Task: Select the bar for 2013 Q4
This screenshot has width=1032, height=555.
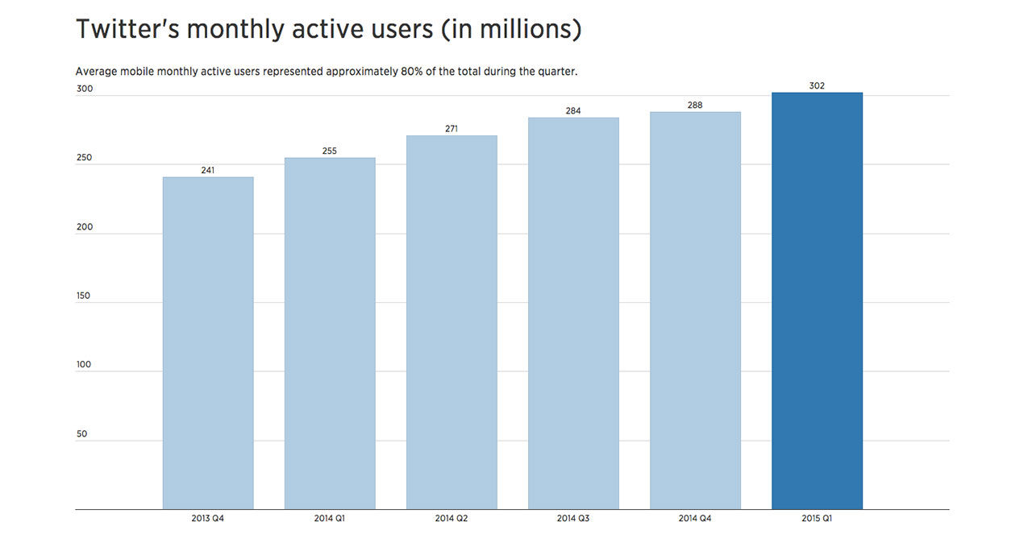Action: (x=208, y=343)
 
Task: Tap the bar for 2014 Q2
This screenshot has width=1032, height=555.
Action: (x=451, y=322)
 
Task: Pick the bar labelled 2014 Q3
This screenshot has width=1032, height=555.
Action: (x=573, y=313)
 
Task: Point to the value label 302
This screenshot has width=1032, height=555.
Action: (x=817, y=85)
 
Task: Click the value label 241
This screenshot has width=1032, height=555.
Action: (x=208, y=170)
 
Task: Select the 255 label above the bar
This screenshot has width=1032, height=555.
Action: (x=330, y=151)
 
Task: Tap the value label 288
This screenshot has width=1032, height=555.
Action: (x=695, y=105)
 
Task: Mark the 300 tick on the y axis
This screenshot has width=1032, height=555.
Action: (x=85, y=89)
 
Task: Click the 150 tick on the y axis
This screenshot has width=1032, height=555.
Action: (x=85, y=296)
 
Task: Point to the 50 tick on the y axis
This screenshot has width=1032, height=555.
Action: (x=81, y=434)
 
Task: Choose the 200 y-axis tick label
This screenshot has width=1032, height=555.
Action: (x=85, y=227)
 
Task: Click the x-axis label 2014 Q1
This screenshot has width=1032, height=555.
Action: (x=330, y=519)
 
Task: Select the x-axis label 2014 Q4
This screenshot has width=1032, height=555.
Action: (x=695, y=519)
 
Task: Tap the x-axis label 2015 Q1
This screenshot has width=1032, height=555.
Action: (x=817, y=519)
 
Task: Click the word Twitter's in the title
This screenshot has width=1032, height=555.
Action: (x=127, y=30)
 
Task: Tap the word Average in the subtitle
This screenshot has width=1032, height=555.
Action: (x=96, y=72)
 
